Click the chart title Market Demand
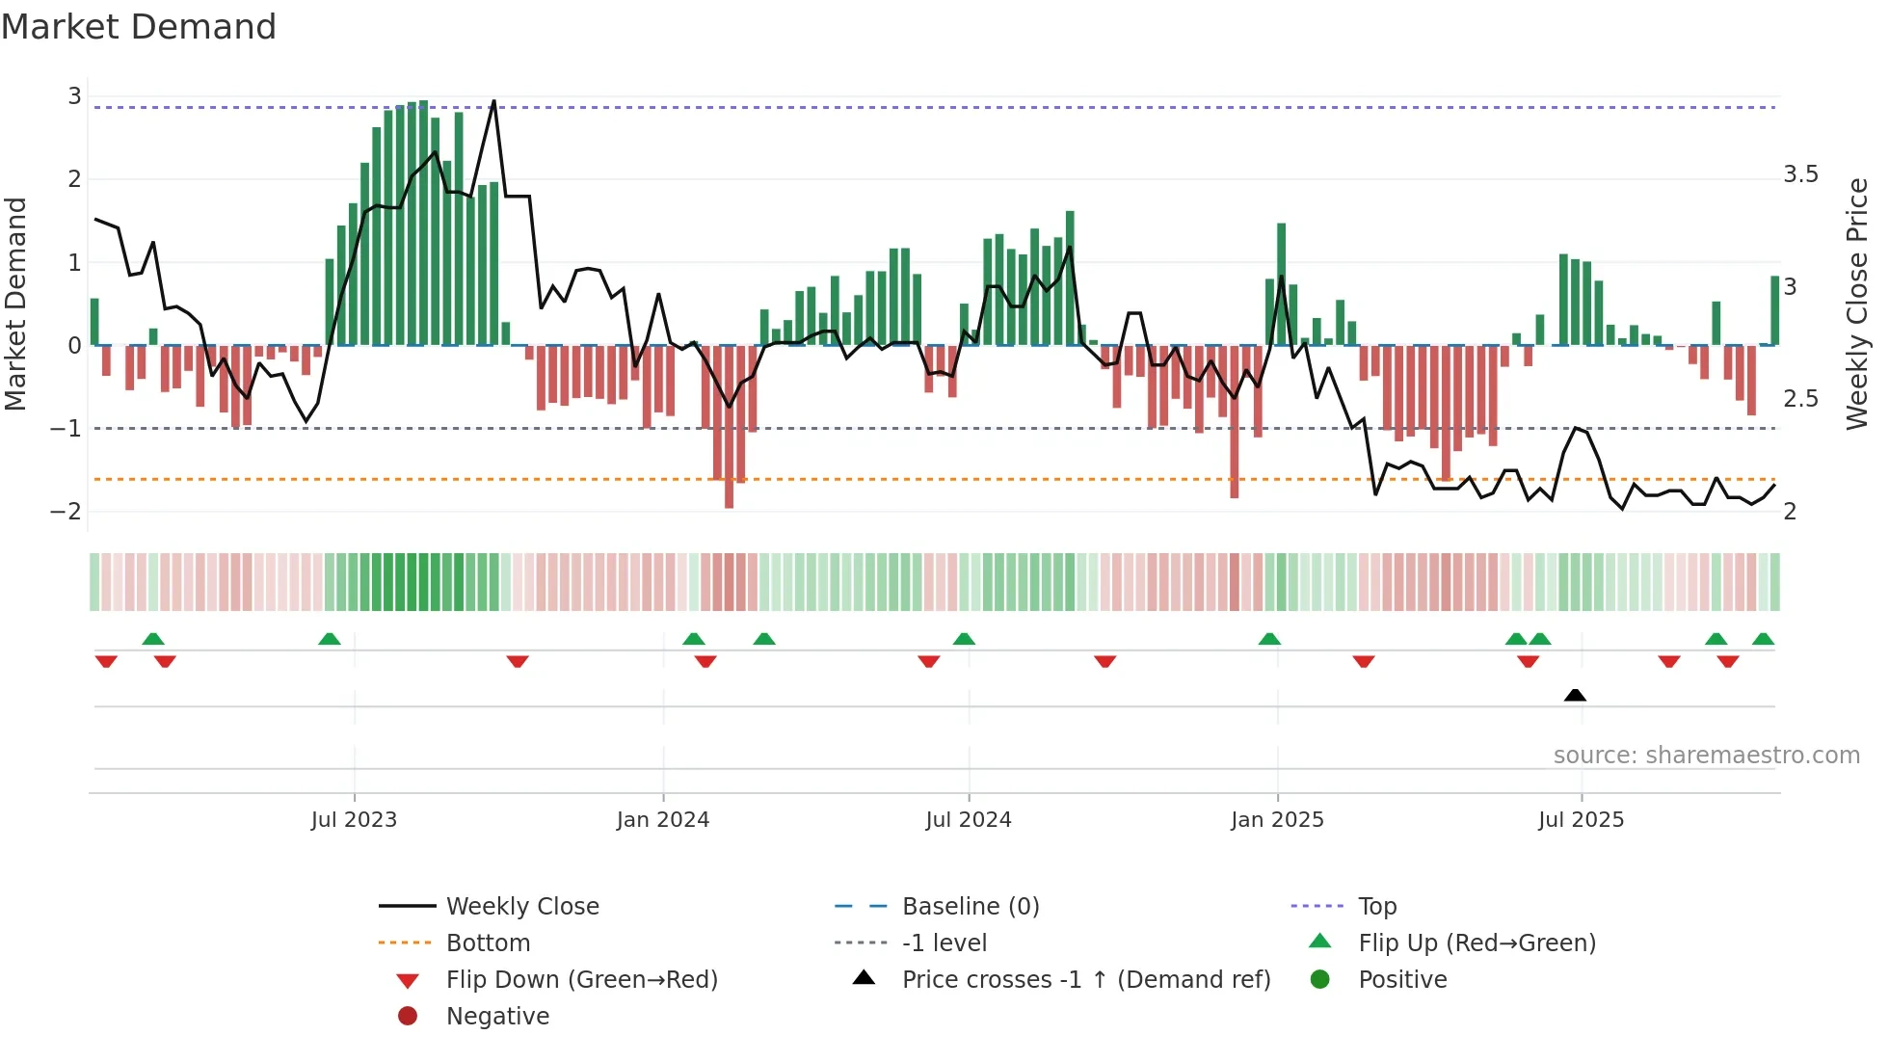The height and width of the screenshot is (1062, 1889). point(139,27)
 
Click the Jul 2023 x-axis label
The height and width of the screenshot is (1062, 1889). point(354,820)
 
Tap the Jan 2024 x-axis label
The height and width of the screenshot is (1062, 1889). point(663,820)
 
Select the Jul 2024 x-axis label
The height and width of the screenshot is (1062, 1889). point(969,820)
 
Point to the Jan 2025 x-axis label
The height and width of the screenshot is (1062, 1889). point(1277,820)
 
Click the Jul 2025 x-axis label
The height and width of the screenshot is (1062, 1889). point(1581,820)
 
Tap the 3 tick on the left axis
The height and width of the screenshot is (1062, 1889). point(74,96)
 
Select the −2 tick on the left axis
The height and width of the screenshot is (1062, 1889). point(66,512)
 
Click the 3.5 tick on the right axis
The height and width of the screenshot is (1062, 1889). point(1800,174)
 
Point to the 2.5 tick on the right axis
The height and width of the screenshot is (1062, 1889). point(1800,399)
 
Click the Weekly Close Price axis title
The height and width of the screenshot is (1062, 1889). point(1857,304)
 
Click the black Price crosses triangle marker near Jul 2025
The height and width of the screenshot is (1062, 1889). point(1575,695)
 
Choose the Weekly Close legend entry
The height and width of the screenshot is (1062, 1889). point(521,907)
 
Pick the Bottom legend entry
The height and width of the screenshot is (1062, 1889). point(488,943)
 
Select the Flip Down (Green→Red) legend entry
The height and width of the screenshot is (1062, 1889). point(581,980)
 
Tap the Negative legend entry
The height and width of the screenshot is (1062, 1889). point(497,1017)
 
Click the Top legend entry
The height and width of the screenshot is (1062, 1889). point(1377,907)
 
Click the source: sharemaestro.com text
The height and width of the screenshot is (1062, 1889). point(1706,756)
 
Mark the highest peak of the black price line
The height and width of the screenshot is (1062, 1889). point(494,101)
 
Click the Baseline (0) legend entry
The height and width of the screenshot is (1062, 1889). point(970,907)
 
